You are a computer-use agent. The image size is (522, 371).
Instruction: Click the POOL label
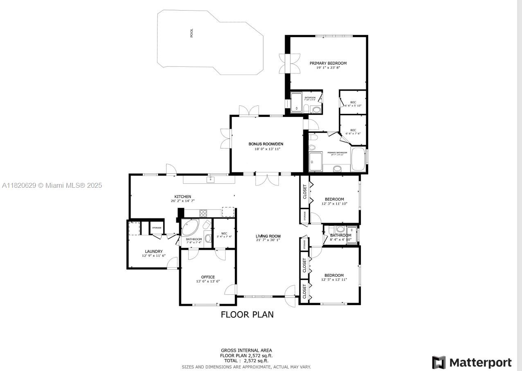[x=191, y=33]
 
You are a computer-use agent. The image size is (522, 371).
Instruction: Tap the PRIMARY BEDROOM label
[x=328, y=63]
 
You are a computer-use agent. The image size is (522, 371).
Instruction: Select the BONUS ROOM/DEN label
[x=265, y=144]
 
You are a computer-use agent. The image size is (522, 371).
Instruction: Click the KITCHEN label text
[x=182, y=197]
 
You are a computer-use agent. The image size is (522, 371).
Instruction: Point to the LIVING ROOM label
[x=268, y=236]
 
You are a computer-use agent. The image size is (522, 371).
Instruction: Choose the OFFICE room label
[x=208, y=277]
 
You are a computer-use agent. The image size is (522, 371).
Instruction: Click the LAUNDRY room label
[x=153, y=252]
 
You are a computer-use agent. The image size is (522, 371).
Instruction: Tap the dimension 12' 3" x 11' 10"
[x=334, y=204]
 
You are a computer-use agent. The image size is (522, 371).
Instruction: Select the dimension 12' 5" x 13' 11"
[x=334, y=280]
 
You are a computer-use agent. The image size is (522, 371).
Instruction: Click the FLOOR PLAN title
[x=247, y=315]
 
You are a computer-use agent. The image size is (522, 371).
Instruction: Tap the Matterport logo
[x=472, y=362]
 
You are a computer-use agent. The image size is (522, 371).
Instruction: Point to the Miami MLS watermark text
[x=52, y=186]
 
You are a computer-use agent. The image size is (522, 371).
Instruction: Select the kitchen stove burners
[x=203, y=213]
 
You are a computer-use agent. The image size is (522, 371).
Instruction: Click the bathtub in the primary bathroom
[x=358, y=159]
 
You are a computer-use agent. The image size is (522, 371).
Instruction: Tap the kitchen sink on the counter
[x=211, y=179]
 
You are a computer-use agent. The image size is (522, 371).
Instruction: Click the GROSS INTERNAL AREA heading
[x=246, y=351]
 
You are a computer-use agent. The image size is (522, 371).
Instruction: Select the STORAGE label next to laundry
[x=157, y=228]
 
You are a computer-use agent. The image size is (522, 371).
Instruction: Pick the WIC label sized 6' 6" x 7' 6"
[x=353, y=130]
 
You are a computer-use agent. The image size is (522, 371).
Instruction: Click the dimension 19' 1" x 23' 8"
[x=328, y=68]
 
